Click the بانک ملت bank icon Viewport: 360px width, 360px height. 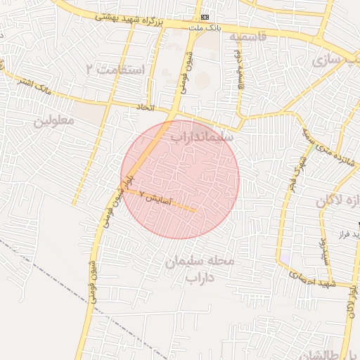coord(205,16)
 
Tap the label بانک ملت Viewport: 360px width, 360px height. coord(204,27)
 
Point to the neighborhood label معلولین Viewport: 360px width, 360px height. coord(53,121)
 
